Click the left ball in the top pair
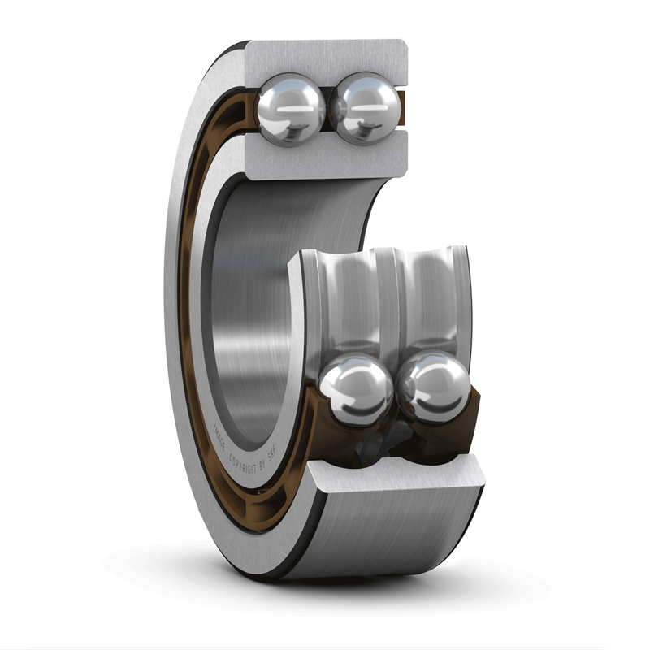coord(291,108)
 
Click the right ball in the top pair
coord(367,106)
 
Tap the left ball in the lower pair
coord(355,389)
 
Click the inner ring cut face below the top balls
coord(325,158)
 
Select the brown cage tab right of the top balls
coord(401,106)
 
